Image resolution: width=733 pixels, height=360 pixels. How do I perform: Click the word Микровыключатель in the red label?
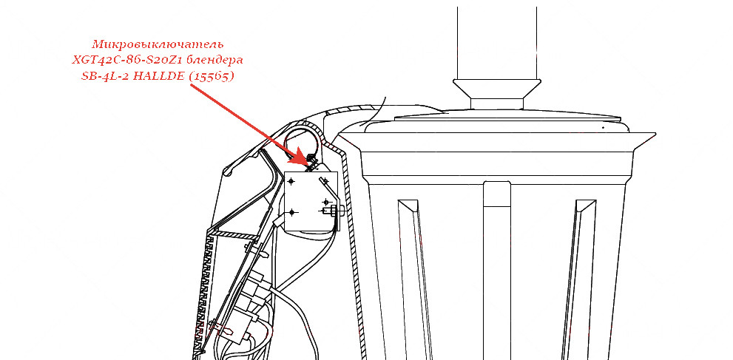[x=158, y=45]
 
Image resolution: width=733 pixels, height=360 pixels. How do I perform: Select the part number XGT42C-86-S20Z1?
[x=129, y=61]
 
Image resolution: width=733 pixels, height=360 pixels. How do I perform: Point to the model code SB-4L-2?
[x=106, y=77]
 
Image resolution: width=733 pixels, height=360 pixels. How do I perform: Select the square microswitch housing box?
[x=311, y=201]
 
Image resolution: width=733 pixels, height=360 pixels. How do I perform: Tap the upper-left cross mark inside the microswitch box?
[x=291, y=181]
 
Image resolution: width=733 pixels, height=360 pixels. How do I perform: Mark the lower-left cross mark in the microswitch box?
[x=291, y=212]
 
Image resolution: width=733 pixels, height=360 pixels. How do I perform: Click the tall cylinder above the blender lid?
[x=497, y=43]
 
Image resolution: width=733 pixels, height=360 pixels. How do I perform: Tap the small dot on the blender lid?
[x=603, y=127]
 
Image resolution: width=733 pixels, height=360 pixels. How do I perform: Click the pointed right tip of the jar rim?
[x=655, y=134]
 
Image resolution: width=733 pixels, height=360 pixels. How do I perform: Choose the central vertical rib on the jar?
[x=497, y=271]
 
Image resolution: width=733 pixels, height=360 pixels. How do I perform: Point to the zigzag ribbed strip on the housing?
[x=203, y=295]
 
